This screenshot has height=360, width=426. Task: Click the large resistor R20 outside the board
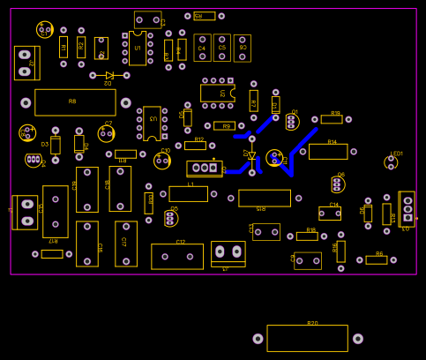307,338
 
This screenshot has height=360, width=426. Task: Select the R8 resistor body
75,102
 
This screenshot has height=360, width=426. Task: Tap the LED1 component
391,162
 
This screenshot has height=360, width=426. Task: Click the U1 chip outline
138,48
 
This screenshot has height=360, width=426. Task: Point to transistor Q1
292,122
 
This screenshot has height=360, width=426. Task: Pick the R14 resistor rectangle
328,151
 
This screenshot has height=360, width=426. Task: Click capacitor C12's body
177,256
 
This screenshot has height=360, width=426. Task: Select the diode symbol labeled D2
109,76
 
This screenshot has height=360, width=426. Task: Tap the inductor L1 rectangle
188,193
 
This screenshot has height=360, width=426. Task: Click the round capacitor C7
107,134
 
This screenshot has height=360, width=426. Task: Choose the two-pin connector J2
26,63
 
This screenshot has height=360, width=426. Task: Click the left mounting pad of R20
258,339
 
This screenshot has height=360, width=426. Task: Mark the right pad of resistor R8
126,102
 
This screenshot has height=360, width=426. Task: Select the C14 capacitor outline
330,213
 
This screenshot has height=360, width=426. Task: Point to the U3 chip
152,124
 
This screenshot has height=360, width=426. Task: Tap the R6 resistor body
377,259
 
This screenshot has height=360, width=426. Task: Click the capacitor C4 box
202,48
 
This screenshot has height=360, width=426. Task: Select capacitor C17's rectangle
126,244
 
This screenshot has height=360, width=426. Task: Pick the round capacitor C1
45,30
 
